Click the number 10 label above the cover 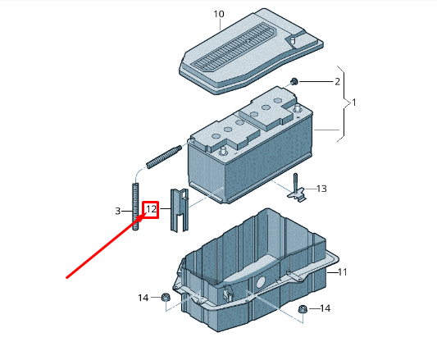218,14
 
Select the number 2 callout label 336,82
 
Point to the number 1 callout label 353,103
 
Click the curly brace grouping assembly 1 344,103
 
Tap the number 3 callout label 118,212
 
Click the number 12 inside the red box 151,210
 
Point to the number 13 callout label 321,189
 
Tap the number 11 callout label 343,271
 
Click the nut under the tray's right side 302,309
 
